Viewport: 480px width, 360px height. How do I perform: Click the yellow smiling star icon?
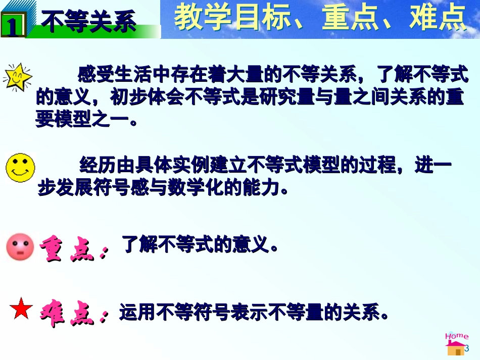point(18,77)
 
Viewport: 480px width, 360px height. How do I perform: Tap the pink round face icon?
point(20,247)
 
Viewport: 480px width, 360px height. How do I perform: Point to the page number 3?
point(467,348)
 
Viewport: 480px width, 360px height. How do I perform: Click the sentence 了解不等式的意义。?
point(200,246)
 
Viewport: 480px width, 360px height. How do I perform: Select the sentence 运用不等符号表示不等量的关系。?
point(254,313)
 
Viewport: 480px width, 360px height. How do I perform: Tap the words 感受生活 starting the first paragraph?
point(108,76)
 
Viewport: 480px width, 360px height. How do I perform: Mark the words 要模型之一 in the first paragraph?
point(81,120)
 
